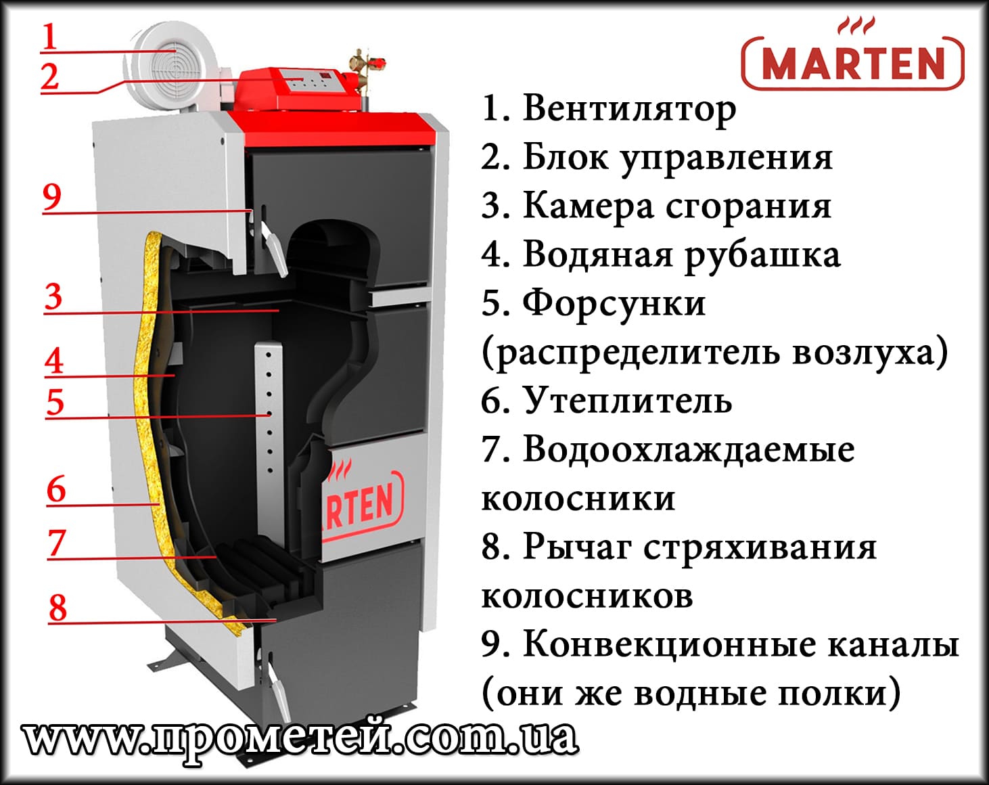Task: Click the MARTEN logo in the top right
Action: (x=852, y=61)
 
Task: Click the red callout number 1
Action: (x=49, y=37)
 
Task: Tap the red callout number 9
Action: (x=51, y=197)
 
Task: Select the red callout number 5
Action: (x=55, y=402)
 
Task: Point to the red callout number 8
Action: (x=57, y=607)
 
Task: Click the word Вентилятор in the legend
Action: (x=628, y=108)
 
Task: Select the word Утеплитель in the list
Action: (x=627, y=401)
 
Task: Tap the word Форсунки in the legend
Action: (x=614, y=303)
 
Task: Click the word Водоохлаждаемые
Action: (x=688, y=449)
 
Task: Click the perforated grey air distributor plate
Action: (x=269, y=409)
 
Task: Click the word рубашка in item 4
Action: (x=762, y=256)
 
